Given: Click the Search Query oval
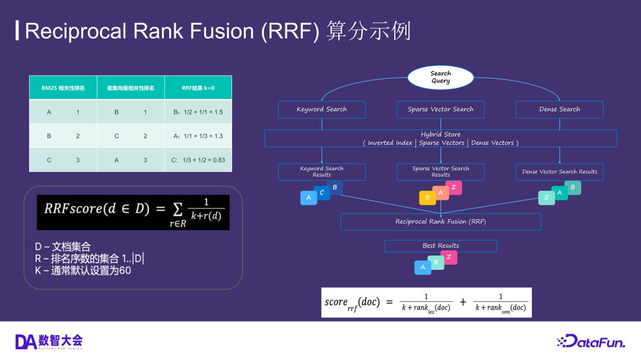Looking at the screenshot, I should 440,77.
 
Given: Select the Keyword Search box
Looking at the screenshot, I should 322,109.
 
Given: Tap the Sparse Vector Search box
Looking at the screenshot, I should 440,109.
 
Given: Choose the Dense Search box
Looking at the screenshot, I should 559,109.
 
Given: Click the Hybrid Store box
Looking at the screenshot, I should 440,138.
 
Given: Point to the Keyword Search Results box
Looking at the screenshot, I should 322,172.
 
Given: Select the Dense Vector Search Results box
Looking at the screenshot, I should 559,172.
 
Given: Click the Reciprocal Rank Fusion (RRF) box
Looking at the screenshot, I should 440,222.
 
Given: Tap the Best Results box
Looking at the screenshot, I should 440,246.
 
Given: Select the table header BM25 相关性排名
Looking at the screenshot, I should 63,88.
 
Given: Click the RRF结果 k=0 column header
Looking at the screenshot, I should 198,88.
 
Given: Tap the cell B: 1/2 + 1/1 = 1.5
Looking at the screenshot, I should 198,111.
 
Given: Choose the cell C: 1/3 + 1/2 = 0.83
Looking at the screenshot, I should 198,160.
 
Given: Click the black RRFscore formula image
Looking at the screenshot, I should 133,212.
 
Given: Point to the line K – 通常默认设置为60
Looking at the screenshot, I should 82,270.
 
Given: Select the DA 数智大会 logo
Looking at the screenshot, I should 49,341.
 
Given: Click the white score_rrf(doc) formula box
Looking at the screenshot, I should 426,302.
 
